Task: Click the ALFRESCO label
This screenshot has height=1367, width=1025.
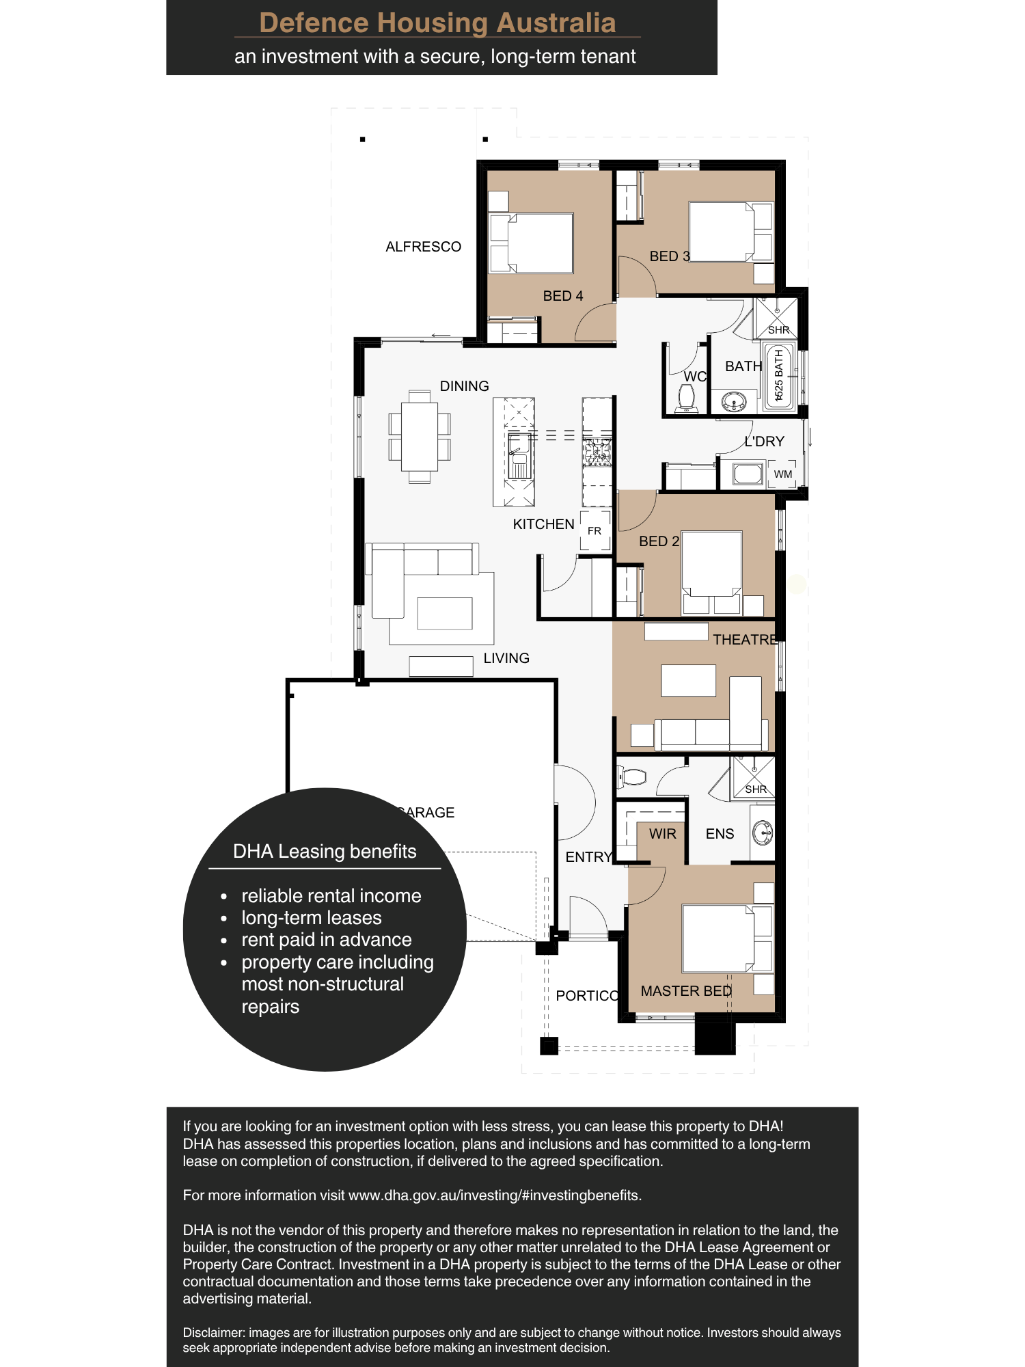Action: (423, 247)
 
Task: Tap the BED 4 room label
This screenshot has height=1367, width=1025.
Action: (562, 296)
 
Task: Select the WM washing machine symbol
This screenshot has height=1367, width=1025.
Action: (782, 474)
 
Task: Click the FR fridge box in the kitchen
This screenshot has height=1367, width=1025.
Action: (594, 530)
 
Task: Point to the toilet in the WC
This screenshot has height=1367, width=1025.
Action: (686, 397)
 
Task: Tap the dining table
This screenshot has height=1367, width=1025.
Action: (419, 436)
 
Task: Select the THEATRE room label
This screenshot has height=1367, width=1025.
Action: (745, 640)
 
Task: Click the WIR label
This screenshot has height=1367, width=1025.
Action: (662, 834)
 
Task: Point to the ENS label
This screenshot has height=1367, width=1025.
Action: (720, 834)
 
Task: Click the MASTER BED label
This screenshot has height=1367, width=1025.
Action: (685, 991)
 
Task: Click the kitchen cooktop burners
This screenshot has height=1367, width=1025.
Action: (597, 452)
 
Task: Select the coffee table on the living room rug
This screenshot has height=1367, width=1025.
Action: (444, 613)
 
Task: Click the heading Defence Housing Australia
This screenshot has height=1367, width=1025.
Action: (437, 23)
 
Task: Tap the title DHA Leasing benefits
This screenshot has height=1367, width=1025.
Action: (325, 852)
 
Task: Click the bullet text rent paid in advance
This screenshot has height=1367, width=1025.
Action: (326, 940)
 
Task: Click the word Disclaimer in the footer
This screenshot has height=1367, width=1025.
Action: (213, 1333)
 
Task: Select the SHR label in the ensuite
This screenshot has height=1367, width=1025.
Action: (755, 789)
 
